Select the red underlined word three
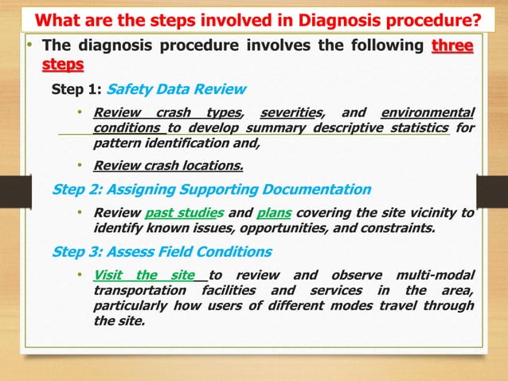pyautogui.click(x=451, y=45)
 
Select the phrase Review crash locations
pyautogui.click(x=168, y=166)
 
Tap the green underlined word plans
pyautogui.click(x=274, y=213)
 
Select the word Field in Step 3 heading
pyautogui.click(x=185, y=252)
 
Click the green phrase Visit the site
pyautogui.click(x=144, y=275)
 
